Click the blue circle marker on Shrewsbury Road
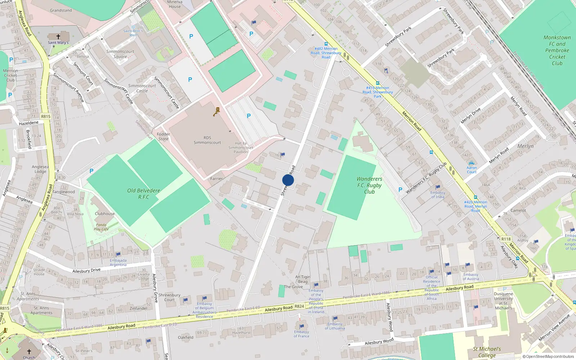[288, 180]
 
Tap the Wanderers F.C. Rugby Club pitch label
[369, 185]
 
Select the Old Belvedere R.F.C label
[144, 194]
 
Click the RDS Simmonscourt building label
[207, 140]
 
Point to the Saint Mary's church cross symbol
[58, 37]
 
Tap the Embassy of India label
[438, 195]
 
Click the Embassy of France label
[301, 334]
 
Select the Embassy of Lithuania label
[335, 326]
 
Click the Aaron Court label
[472, 170]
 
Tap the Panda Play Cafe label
[101, 227]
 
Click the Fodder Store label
[163, 136]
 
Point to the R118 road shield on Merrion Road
[506, 239]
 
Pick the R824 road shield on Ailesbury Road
[299, 306]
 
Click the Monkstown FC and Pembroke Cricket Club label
[557, 50]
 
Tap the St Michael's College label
[487, 352]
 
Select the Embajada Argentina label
[118, 262]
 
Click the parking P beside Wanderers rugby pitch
[400, 190]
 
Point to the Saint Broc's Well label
[133, 33]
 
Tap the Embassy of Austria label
[471, 276]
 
